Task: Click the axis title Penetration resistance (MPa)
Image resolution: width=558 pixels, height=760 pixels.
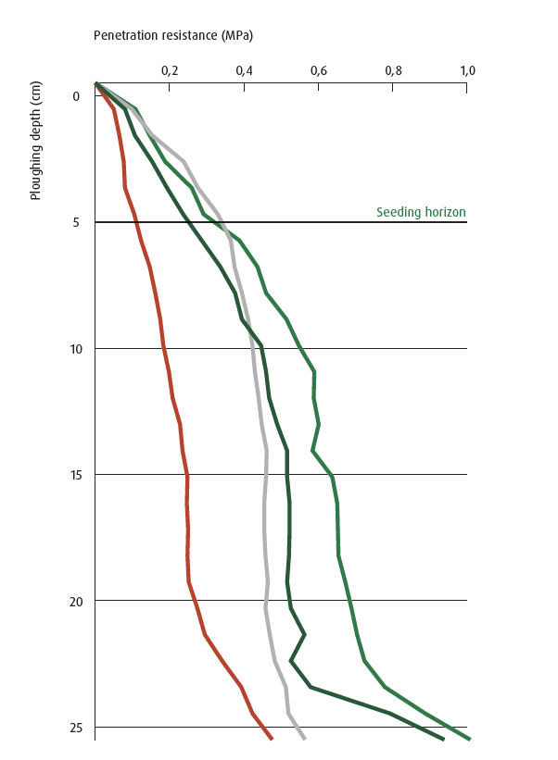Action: click(173, 35)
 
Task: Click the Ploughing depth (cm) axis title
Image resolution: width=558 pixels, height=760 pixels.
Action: click(35, 140)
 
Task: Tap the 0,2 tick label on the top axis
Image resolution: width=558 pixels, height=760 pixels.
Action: click(169, 70)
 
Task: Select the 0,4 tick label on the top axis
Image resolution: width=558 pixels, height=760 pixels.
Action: click(244, 70)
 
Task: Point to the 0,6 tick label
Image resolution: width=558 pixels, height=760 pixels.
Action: click(318, 70)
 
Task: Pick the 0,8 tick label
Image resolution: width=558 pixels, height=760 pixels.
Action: click(393, 70)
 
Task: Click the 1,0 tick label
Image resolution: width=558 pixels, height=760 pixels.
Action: click(467, 70)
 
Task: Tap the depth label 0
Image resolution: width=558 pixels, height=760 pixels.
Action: click(76, 96)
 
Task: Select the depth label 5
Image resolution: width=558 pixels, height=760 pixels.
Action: click(76, 222)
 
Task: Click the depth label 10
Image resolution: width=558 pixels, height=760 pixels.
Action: click(73, 349)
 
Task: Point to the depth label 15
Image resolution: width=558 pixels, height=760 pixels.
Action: click(73, 475)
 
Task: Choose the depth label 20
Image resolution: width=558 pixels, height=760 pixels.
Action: click(73, 601)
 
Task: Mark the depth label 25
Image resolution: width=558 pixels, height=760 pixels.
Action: click(73, 728)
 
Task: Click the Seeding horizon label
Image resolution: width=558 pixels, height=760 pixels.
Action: click(421, 212)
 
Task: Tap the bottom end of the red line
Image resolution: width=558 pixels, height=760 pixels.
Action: click(272, 739)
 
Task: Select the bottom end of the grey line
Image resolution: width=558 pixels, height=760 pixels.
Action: click(304, 739)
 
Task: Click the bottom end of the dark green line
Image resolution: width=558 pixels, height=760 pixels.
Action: click(443, 739)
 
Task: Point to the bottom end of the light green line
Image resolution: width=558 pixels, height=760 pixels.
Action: click(470, 739)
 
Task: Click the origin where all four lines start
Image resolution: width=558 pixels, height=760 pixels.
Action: click(95, 84)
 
